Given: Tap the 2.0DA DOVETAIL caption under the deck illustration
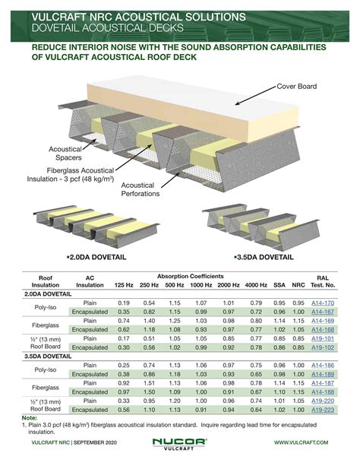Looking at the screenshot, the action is click(96, 258).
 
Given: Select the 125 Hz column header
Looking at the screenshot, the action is click(124, 284).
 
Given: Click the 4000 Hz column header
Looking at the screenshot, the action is click(256, 284).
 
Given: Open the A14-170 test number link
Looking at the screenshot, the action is click(324, 303).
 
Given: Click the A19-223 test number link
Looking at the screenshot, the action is click(324, 410).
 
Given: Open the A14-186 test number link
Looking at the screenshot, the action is click(324, 365).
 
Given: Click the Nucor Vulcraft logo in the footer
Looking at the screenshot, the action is click(180, 441).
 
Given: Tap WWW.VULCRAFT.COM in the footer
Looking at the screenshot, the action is click(301, 442).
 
